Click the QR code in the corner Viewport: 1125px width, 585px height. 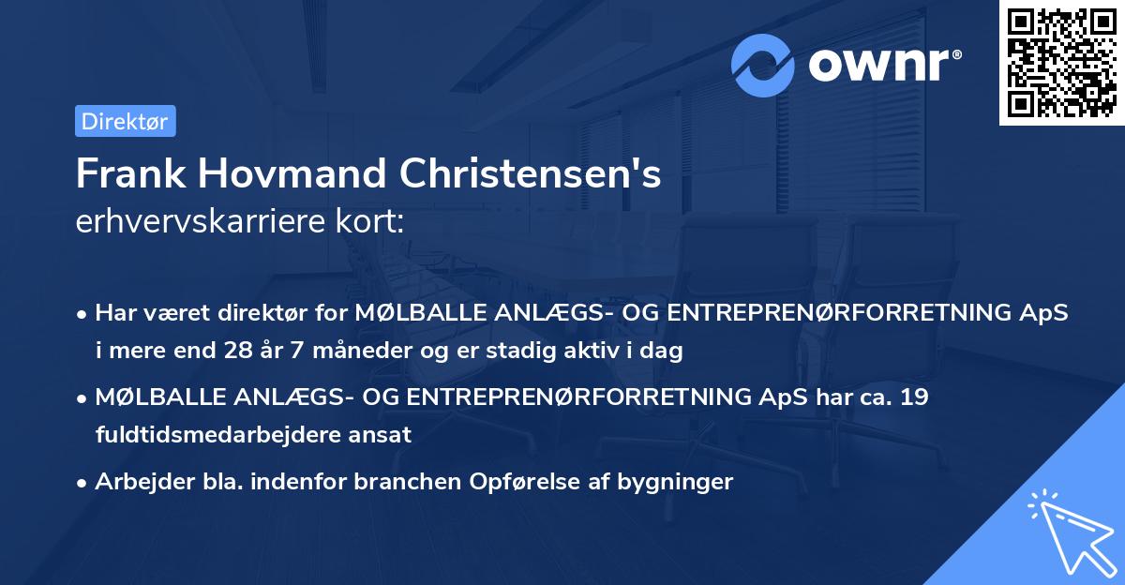(x=1061, y=63)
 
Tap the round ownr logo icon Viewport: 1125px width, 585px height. (x=764, y=65)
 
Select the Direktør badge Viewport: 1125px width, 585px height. (x=124, y=121)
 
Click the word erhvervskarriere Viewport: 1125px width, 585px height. (x=202, y=221)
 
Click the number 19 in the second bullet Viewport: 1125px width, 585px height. (x=913, y=397)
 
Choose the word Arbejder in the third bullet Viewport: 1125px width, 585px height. (x=139, y=482)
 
